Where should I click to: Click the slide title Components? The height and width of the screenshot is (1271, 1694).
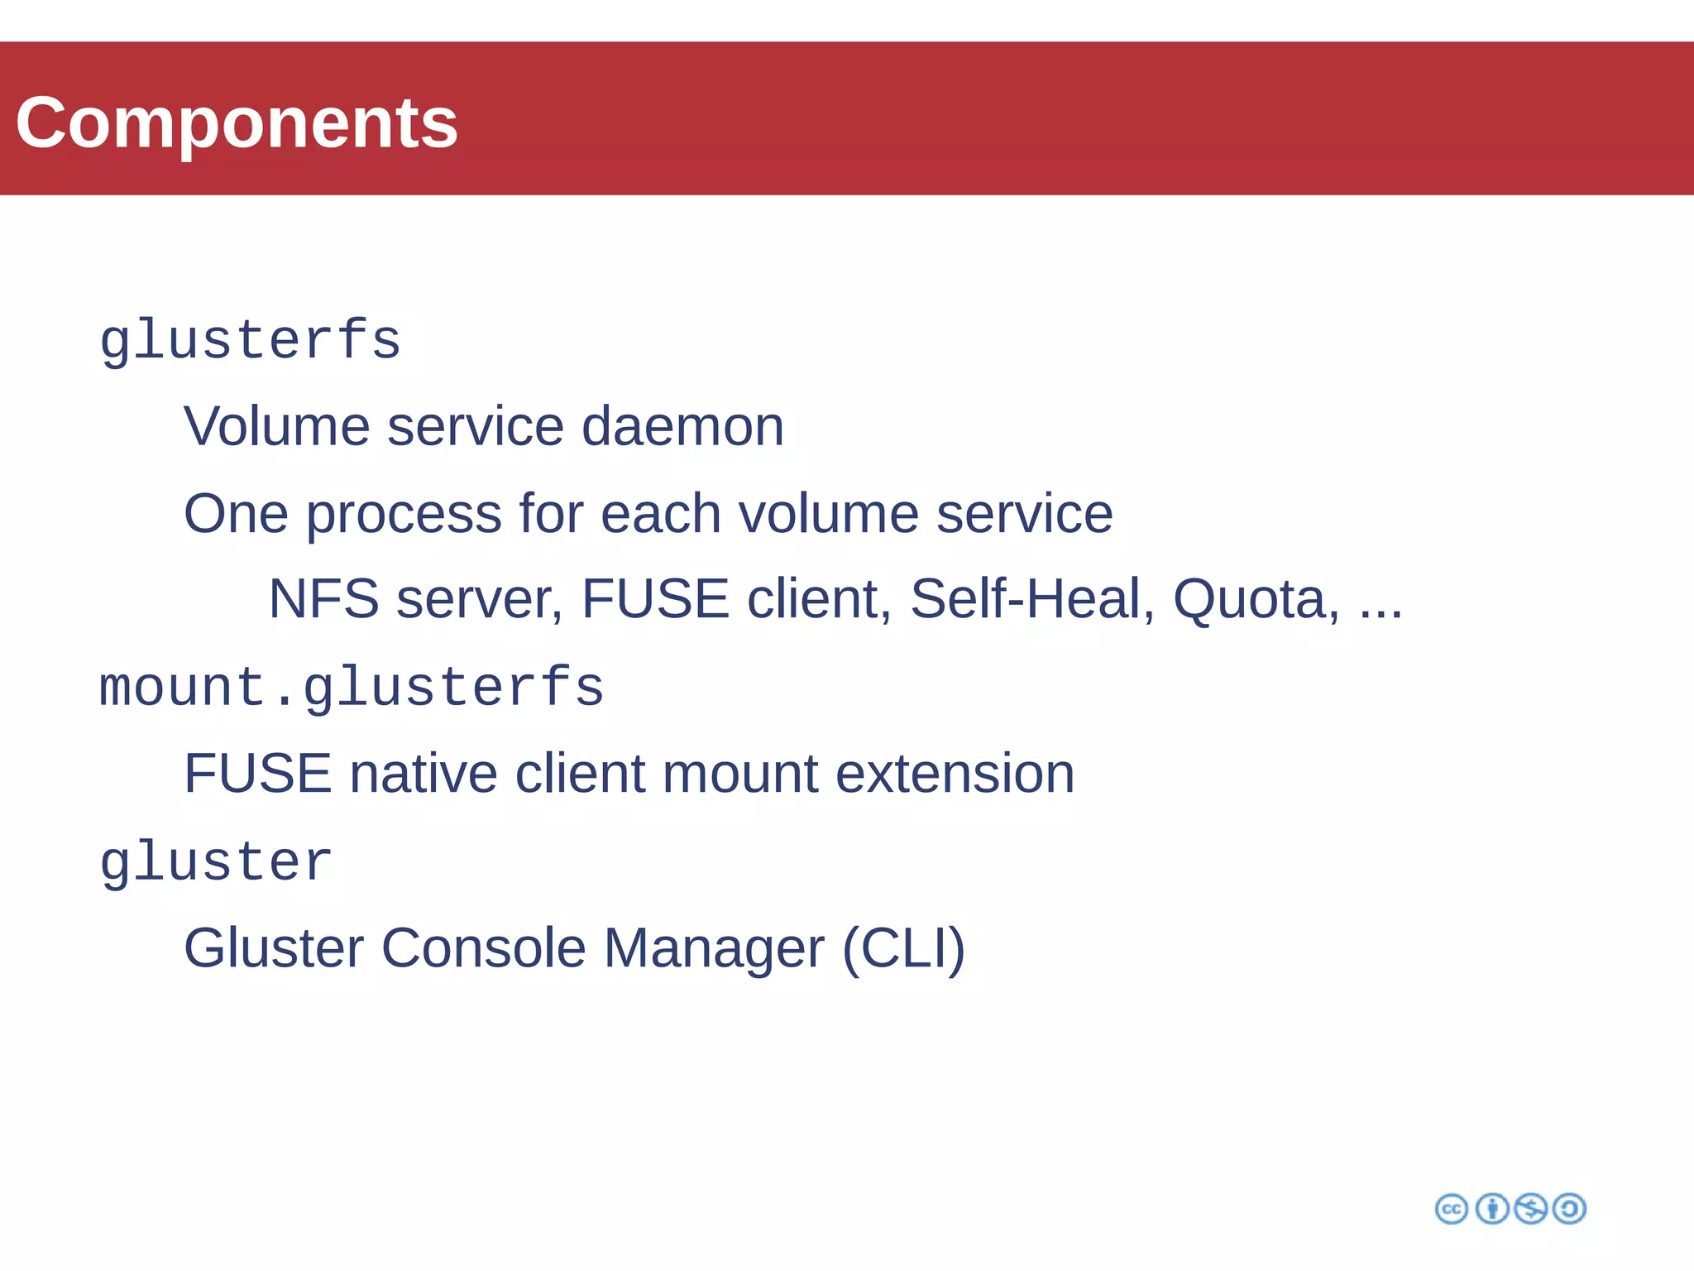click(x=237, y=122)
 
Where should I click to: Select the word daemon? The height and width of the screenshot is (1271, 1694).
click(x=682, y=427)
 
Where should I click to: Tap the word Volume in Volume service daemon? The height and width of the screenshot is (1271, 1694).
click(x=276, y=427)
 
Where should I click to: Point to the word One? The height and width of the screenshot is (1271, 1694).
click(x=236, y=514)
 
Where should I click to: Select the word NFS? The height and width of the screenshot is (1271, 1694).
click(x=323, y=599)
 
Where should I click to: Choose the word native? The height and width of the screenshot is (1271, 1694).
click(x=423, y=775)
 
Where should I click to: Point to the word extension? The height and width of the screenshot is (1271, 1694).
click(x=955, y=775)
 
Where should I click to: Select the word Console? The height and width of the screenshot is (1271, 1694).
click(x=483, y=948)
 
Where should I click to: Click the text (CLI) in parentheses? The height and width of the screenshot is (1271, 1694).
click(x=903, y=949)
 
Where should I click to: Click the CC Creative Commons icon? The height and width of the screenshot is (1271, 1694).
click(x=1452, y=1209)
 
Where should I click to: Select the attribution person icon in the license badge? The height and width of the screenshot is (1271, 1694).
click(x=1492, y=1209)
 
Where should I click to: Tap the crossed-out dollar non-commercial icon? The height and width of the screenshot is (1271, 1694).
click(x=1530, y=1209)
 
